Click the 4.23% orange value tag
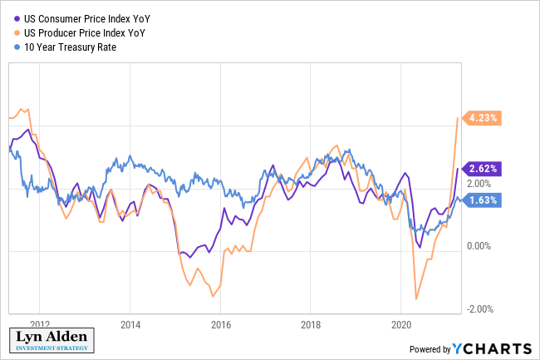483,118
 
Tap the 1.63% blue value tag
483,200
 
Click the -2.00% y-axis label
480,309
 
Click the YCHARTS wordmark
495,348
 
